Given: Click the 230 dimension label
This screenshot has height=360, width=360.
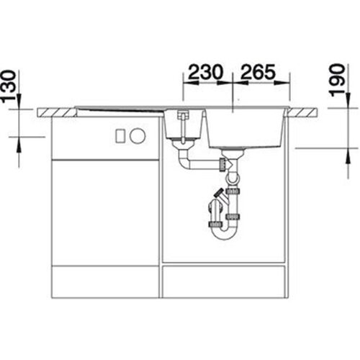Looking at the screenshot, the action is (205, 71).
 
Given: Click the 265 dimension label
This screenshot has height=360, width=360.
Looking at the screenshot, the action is (258, 71).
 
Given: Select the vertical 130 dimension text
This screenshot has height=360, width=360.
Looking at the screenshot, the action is (9, 86).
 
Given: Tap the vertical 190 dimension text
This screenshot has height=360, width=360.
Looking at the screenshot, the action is (337, 81).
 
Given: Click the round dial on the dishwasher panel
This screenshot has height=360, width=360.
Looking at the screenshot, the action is (138, 135).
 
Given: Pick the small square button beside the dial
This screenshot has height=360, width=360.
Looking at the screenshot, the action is (120, 136).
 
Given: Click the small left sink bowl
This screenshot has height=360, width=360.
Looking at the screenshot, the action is (184, 125).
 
